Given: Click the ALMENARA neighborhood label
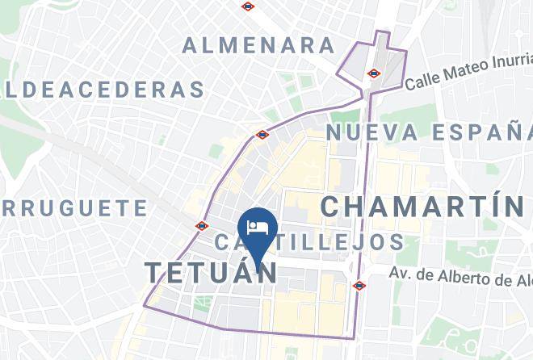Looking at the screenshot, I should click(258, 45).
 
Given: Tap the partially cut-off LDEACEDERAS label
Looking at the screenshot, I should click(103, 88).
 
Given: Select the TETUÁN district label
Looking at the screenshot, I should click(211, 272).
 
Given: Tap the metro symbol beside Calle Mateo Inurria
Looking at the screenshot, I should click(372, 73).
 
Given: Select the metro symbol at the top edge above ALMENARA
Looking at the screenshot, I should click(248, 6).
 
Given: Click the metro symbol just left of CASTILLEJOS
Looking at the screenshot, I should click(201, 226).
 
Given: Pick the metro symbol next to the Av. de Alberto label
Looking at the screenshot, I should click(359, 285).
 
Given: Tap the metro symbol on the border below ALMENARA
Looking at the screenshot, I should click(262, 134).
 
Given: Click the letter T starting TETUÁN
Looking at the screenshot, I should click(154, 272).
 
